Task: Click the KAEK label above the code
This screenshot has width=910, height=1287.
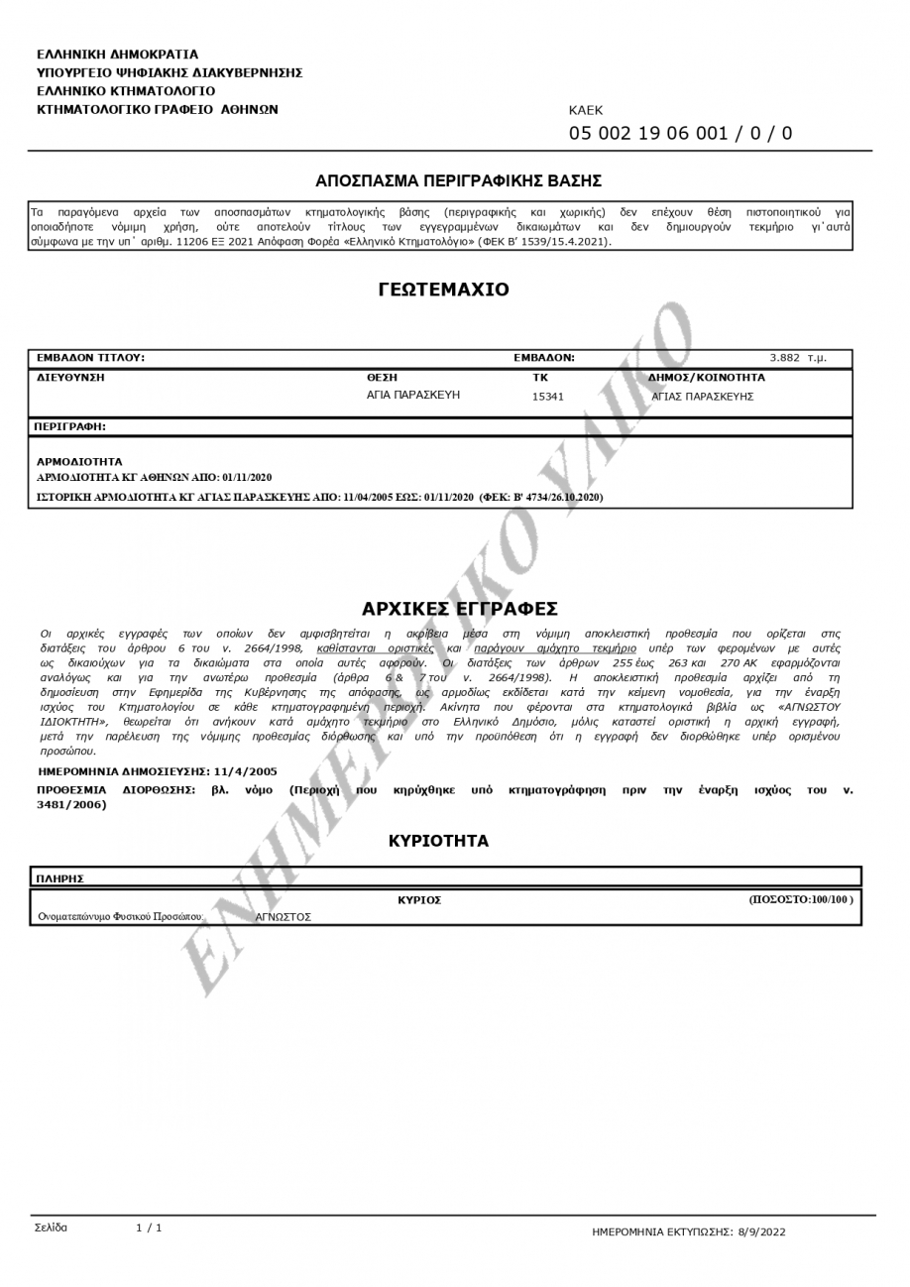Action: (x=585, y=111)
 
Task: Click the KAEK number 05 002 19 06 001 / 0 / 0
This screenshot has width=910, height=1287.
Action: (x=680, y=134)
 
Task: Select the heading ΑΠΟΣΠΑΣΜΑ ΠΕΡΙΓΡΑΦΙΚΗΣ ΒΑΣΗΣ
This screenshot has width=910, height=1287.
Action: (x=458, y=181)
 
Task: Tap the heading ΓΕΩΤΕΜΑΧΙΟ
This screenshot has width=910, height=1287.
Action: (x=443, y=291)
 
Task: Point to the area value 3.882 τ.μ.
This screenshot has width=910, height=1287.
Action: (x=798, y=358)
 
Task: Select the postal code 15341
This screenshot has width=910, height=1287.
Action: (x=547, y=397)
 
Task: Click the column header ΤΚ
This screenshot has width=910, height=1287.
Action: (x=540, y=378)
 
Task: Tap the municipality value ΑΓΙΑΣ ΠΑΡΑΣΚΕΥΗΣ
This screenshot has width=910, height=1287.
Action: (x=703, y=397)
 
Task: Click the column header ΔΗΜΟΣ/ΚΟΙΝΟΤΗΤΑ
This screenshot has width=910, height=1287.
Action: (x=706, y=378)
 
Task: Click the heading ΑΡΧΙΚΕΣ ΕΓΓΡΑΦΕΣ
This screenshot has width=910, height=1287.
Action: (x=459, y=608)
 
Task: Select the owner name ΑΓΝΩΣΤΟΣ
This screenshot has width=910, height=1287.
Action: (x=284, y=917)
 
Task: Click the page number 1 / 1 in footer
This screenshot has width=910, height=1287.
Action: (x=149, y=1228)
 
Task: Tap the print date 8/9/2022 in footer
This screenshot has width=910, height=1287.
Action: (x=759, y=1230)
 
